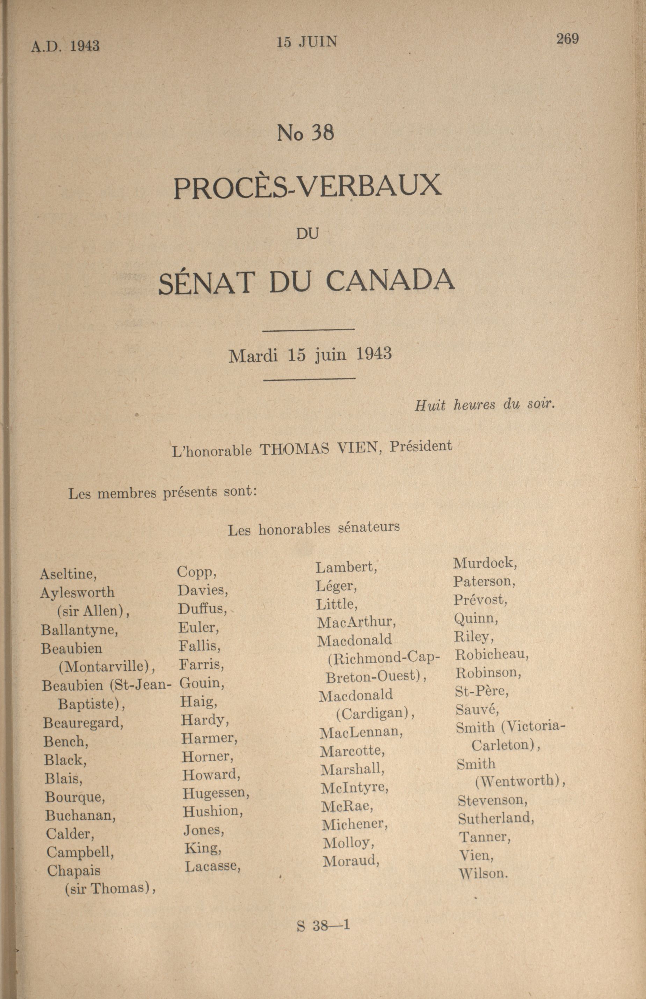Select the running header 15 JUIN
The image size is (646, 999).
coord(307,42)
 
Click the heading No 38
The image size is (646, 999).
coord(305,133)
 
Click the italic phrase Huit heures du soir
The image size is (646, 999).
coord(485,404)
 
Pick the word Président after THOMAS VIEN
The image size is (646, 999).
coord(421,446)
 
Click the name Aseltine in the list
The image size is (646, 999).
coord(68,574)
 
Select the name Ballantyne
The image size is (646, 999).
coord(79,630)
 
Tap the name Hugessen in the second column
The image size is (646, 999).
coord(216,792)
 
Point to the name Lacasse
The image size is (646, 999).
coord(213,867)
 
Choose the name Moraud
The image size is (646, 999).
coord(351,861)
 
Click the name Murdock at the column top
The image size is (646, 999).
coord(485,563)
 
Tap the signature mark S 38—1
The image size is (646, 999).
coord(323,926)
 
